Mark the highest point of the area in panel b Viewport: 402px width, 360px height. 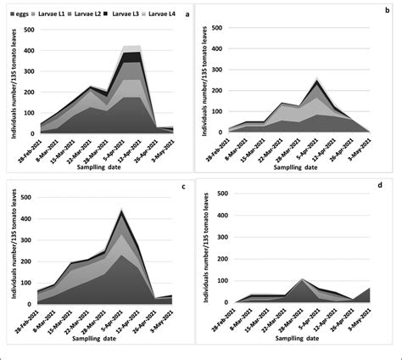(316, 80)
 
